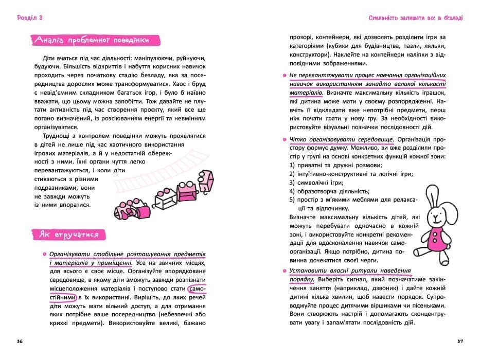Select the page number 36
[20, 341]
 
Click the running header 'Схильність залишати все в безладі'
[415, 17]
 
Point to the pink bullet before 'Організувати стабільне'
[44, 255]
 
